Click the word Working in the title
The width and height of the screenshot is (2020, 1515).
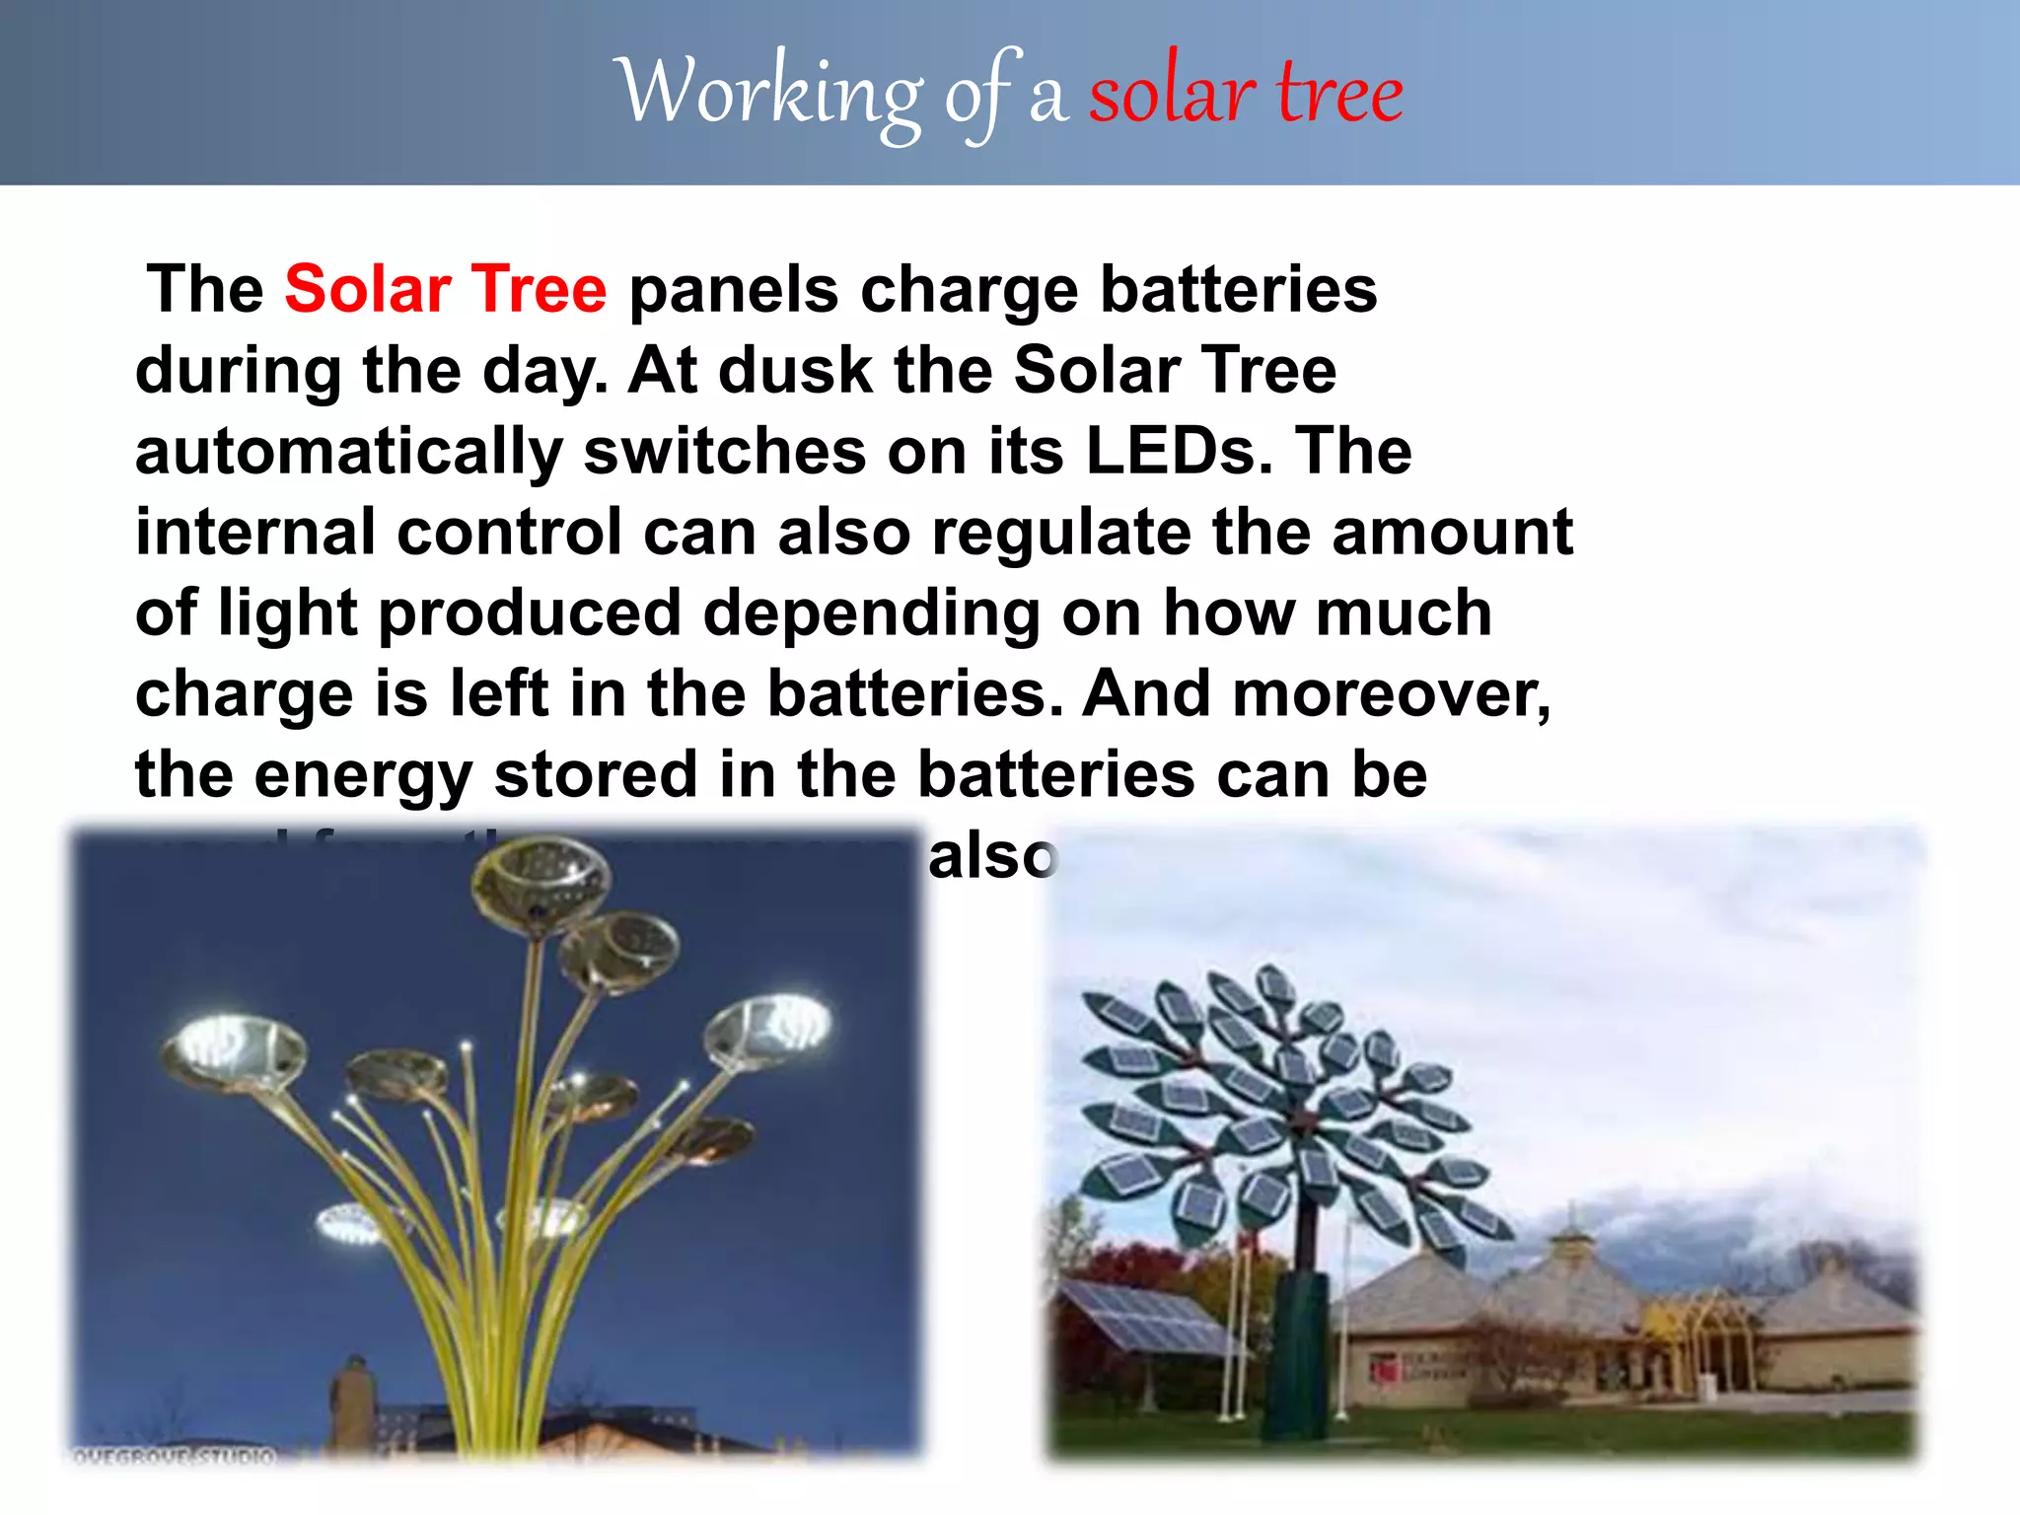click(769, 94)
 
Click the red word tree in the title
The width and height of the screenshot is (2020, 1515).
click(1339, 94)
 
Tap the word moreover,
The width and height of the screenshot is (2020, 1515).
click(1391, 693)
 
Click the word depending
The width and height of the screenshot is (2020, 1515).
click(871, 613)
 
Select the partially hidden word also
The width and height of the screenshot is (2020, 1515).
click(992, 856)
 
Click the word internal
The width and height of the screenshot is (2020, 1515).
click(254, 533)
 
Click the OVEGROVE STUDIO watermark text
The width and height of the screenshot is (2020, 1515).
click(174, 1456)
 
